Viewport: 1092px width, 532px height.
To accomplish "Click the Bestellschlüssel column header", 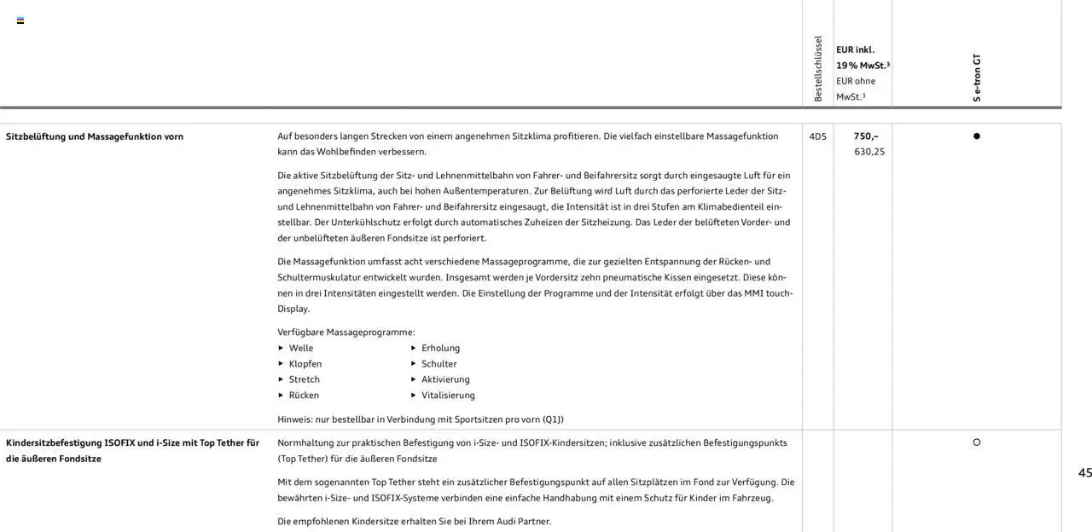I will (x=818, y=69).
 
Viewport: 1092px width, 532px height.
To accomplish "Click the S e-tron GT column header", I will (x=977, y=78).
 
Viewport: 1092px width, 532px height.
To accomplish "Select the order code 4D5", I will (x=817, y=136).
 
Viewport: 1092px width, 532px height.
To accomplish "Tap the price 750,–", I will (x=866, y=136).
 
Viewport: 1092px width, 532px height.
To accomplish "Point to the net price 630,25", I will (x=869, y=152).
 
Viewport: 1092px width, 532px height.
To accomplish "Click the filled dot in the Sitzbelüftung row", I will (x=977, y=136).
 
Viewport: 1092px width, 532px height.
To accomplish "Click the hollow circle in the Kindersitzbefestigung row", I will (x=977, y=442).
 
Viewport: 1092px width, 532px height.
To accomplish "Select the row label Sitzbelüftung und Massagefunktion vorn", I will (x=95, y=136).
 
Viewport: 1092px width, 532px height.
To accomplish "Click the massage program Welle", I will (x=301, y=348).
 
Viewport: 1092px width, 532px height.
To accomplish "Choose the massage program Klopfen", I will (x=305, y=364).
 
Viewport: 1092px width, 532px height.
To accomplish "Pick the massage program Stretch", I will (x=305, y=379).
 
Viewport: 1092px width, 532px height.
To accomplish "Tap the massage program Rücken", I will (x=304, y=396).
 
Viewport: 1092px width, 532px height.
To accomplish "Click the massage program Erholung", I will (x=440, y=348).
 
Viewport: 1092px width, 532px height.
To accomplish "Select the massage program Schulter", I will (x=439, y=364).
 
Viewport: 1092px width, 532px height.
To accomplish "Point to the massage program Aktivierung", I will (x=445, y=379).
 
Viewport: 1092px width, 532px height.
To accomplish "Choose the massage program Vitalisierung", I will (x=448, y=396).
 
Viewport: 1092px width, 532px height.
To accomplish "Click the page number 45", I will (x=1084, y=473).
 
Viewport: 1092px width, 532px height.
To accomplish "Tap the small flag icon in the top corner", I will (x=20, y=20).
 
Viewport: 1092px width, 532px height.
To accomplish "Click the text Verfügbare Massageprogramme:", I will (x=346, y=332).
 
